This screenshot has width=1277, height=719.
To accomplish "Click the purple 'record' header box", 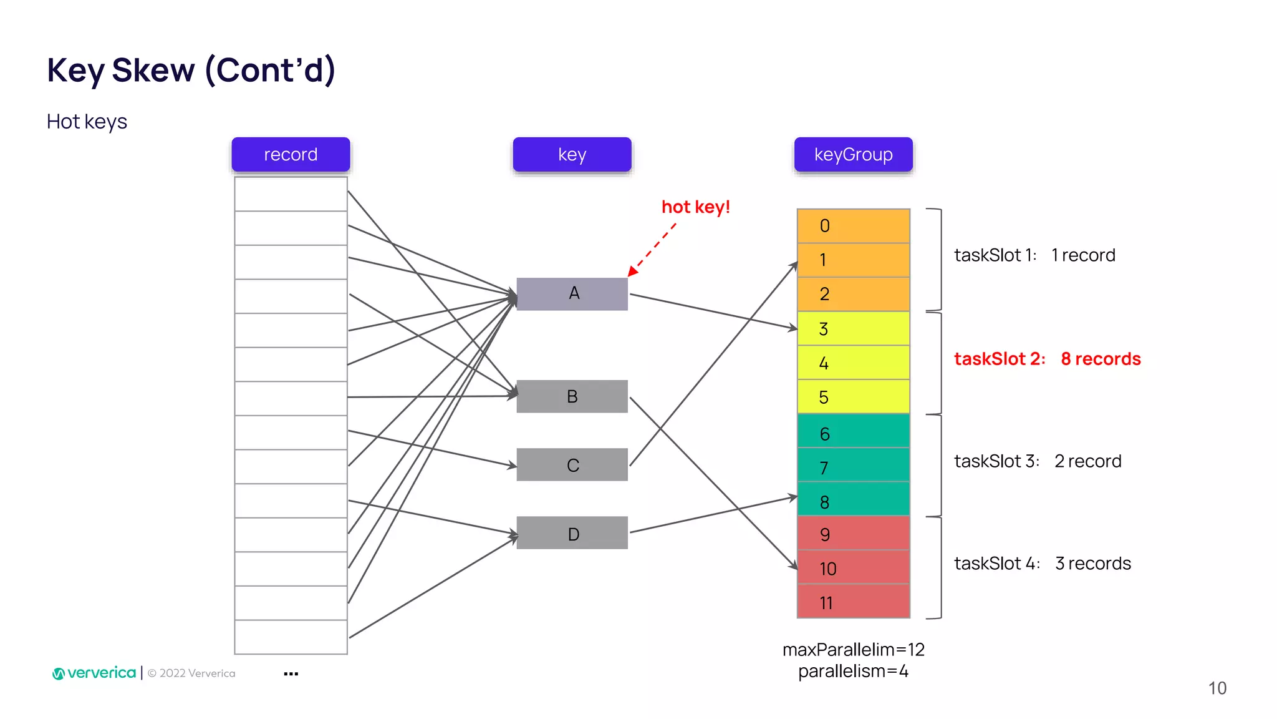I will [x=291, y=154].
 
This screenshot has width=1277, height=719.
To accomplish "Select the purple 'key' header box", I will [x=572, y=154].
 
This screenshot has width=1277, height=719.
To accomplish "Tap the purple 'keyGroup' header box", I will [x=853, y=154].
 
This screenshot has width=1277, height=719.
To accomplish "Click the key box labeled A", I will [x=572, y=293].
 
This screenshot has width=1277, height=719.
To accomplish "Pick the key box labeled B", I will [x=572, y=396].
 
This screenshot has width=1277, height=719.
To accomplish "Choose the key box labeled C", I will [x=572, y=464].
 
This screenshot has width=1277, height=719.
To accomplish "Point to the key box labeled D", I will [x=572, y=533].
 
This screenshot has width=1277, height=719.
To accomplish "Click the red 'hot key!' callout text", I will [x=695, y=207].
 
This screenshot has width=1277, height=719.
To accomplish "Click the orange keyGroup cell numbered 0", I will [x=853, y=226].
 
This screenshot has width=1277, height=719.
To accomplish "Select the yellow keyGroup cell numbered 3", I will [x=853, y=329].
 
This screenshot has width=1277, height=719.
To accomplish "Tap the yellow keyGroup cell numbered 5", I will [x=853, y=397].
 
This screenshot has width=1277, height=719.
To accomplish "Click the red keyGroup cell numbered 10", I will [x=853, y=568].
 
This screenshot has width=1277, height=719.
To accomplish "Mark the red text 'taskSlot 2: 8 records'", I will [x=1047, y=359].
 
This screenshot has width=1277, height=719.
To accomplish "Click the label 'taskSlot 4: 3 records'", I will [x=1042, y=564].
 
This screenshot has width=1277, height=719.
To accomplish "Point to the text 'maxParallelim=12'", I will [x=853, y=650].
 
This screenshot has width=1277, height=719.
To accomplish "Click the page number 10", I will [x=1217, y=688].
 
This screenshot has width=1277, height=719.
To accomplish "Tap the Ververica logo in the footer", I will [x=94, y=673].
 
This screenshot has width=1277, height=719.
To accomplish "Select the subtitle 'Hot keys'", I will [x=87, y=122].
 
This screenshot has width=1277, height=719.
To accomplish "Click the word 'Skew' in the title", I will [x=153, y=70].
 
